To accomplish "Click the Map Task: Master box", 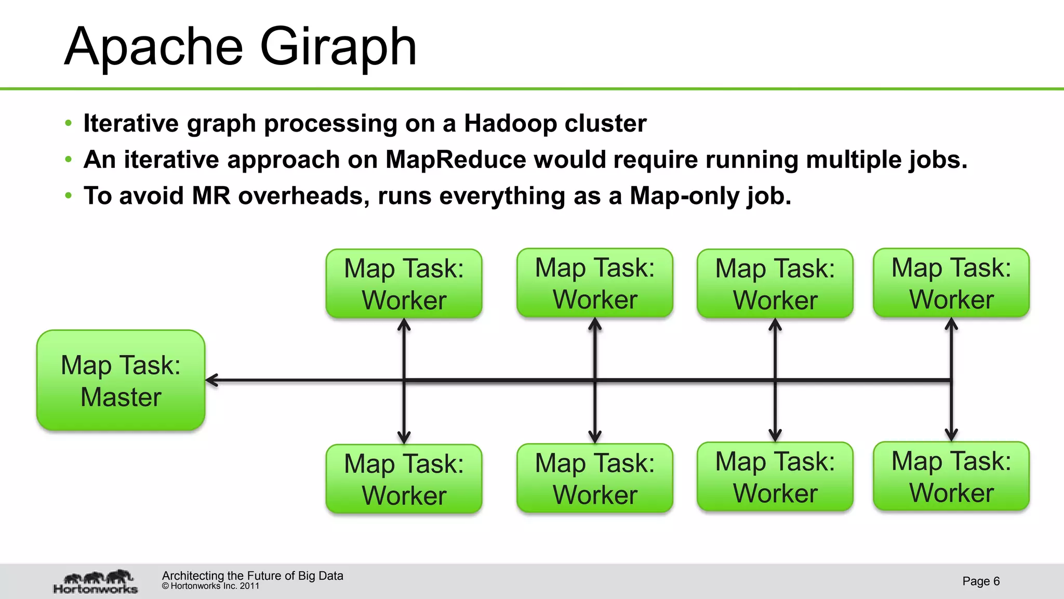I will point(121,380).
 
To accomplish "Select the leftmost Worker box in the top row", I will point(404,283).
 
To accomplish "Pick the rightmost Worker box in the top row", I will point(951,283).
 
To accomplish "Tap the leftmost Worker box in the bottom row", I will point(404,478).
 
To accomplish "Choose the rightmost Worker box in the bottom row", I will point(951,476).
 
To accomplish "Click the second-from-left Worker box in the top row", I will point(594,283).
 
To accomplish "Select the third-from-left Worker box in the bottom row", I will point(775,477).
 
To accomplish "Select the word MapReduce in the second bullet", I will point(456,160).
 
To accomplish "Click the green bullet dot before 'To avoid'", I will point(68,196).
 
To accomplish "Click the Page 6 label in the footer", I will point(980,581).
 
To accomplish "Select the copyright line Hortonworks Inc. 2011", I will point(210,586).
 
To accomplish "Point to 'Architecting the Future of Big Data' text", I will point(252,576).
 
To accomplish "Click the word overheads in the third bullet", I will point(303,196).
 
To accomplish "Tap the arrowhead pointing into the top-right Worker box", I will point(951,324).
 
